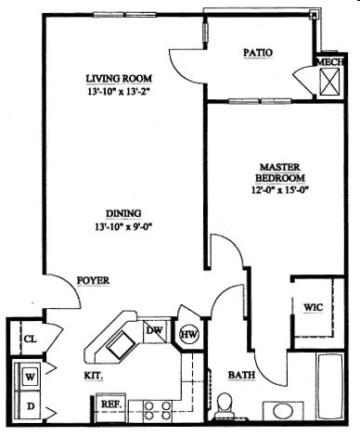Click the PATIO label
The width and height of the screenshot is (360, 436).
click(x=257, y=53)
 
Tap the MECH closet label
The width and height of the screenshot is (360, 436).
click(x=329, y=62)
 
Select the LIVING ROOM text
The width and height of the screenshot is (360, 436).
click(x=119, y=78)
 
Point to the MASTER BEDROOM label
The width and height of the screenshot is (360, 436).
click(x=282, y=173)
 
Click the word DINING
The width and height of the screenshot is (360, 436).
click(x=117, y=211)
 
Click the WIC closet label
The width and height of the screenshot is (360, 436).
click(x=313, y=308)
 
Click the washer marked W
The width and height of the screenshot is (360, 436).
click(x=30, y=376)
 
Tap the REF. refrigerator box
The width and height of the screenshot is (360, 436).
click(x=109, y=405)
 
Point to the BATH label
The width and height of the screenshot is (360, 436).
click(x=242, y=375)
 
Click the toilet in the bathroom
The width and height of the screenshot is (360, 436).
click(x=225, y=404)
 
